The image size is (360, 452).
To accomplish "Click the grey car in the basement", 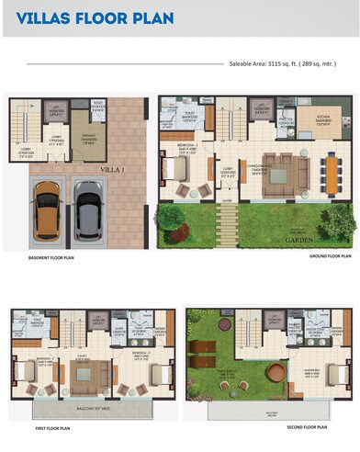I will (87, 209).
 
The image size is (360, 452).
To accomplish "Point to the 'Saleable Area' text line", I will (282, 64).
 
